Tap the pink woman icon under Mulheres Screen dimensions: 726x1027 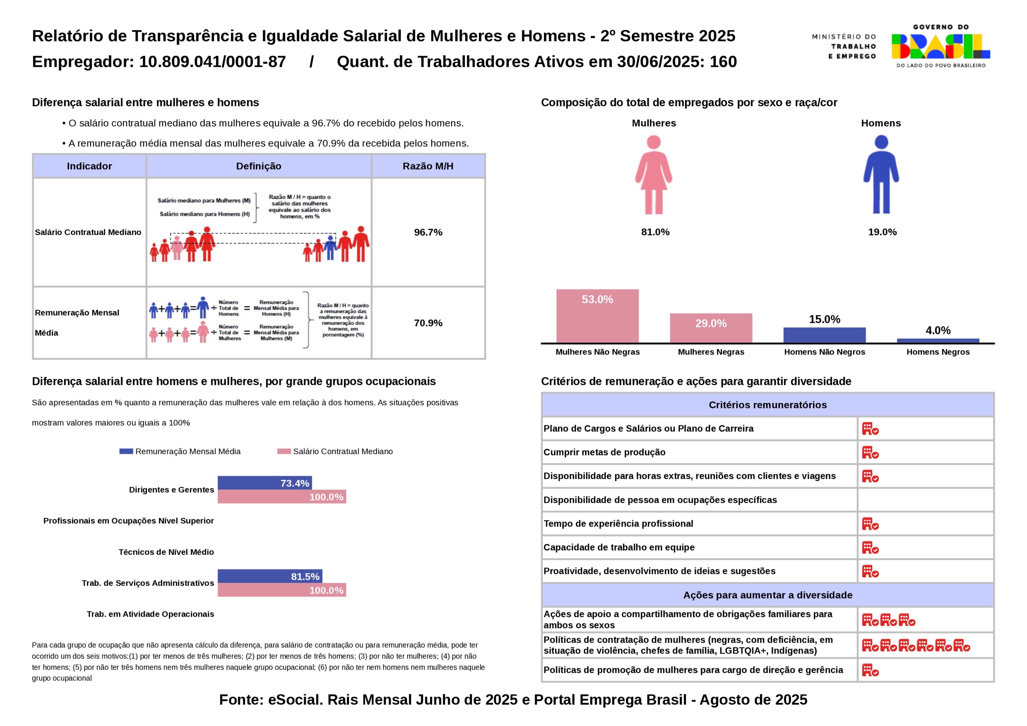click(654, 175)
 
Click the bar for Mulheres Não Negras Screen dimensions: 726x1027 click(597, 316)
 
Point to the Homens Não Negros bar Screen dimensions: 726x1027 click(824, 335)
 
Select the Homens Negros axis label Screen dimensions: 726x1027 click(938, 352)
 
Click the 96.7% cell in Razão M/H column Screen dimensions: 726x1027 click(428, 232)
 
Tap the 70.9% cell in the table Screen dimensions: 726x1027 click(428, 323)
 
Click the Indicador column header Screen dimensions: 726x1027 click(89, 166)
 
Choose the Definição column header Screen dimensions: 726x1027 click(258, 166)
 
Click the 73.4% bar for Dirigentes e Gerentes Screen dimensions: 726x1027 click(264, 483)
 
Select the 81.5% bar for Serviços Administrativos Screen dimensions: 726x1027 click(270, 576)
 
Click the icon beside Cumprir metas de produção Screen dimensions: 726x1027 click(870, 453)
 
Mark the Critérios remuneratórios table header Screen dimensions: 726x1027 click(767, 405)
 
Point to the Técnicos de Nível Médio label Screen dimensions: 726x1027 click(166, 552)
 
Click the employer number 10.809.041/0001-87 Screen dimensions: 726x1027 click(213, 62)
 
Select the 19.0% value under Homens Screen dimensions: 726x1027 click(882, 232)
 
